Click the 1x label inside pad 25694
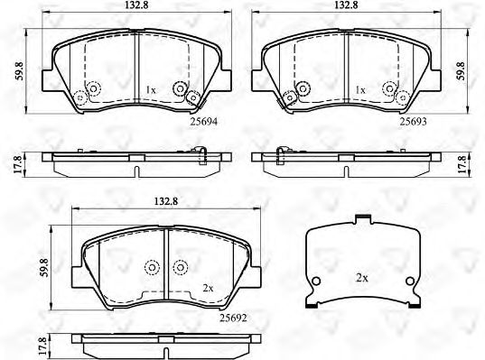point(151,90)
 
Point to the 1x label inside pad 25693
point(360,90)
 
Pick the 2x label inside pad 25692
point(207,288)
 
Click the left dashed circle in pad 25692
point(151,267)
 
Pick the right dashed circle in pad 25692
point(181,267)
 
